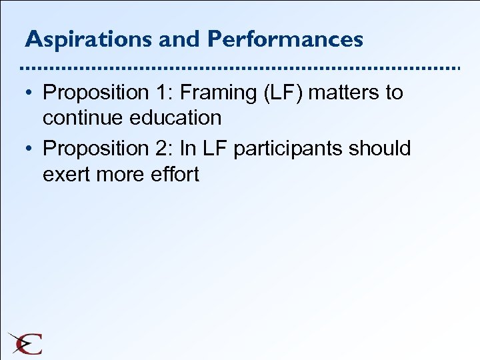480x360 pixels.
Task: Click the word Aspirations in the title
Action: [89, 39]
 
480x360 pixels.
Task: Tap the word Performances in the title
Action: [285, 39]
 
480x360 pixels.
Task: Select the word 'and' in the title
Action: [181, 39]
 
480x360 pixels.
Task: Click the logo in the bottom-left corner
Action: [25, 343]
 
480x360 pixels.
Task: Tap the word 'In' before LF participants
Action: [189, 149]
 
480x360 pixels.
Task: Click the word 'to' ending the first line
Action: [394, 93]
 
